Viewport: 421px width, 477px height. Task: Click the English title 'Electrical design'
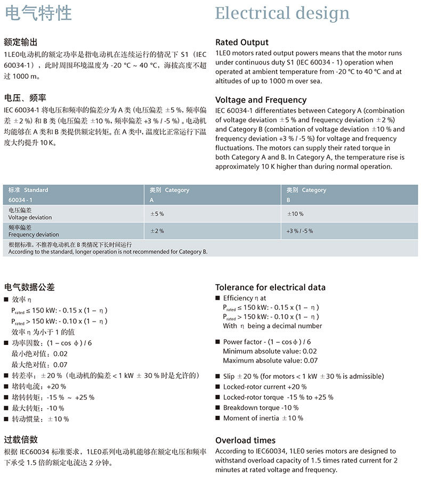click(282, 13)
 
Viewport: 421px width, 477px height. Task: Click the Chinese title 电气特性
click(38, 13)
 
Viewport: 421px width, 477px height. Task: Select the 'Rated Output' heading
click(242, 42)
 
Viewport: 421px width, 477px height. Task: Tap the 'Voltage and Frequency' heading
click(261, 100)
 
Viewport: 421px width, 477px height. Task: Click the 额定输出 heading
click(21, 42)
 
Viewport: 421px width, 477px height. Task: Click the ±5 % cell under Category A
click(157, 214)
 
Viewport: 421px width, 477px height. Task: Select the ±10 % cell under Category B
click(295, 214)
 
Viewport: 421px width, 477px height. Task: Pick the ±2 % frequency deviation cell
click(157, 231)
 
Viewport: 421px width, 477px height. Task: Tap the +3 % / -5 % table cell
click(299, 231)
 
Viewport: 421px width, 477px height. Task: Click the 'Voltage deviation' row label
click(30, 217)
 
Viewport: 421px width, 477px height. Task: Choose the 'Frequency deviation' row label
click(34, 234)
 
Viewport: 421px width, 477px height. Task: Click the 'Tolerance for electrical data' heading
click(270, 287)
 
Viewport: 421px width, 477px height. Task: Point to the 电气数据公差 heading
click(29, 287)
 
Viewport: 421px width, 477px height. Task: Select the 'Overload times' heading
click(246, 440)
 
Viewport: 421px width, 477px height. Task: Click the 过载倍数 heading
click(21, 439)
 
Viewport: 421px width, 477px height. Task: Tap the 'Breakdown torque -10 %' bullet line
click(261, 408)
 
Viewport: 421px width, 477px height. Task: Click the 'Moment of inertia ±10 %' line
click(263, 418)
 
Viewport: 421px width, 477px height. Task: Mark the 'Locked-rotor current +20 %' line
click(265, 387)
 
